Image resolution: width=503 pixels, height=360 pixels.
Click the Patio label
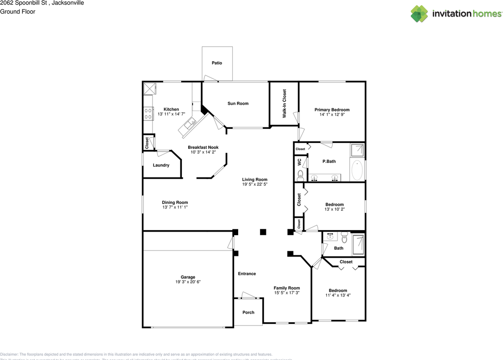[217, 63]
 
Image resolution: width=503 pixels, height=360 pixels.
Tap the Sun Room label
[238, 104]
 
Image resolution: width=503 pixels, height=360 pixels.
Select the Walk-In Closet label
[284, 104]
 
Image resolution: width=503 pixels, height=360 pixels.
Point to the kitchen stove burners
[149, 114]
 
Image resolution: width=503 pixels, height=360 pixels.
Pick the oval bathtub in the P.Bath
[357, 170]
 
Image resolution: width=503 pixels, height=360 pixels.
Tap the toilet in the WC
[301, 174]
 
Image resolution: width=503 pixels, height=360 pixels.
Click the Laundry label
[161, 165]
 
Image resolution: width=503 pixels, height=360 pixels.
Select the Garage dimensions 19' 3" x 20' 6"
[188, 282]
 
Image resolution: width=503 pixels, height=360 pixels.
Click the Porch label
[248, 312]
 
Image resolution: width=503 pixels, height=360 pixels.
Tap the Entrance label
[247, 274]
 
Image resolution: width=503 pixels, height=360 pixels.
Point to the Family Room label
[286, 288]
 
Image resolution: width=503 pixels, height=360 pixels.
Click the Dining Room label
[175, 203]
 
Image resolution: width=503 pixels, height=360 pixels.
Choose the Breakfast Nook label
[203, 148]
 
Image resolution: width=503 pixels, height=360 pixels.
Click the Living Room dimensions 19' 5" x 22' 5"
[255, 184]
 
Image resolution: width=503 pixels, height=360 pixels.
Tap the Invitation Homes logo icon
[419, 14]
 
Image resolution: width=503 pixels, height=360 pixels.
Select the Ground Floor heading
[18, 11]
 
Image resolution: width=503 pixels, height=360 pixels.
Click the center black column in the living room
[263, 232]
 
